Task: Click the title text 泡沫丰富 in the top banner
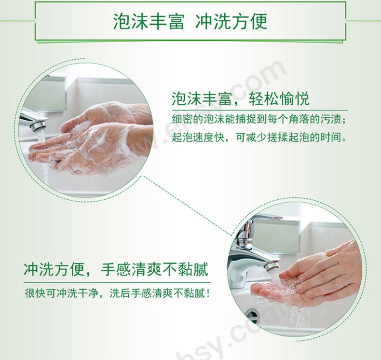149,22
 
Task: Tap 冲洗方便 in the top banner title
231,22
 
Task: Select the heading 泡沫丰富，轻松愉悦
241,99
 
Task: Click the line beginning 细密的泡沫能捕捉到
259,119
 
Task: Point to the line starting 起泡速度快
259,138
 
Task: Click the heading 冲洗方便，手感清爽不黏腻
116,269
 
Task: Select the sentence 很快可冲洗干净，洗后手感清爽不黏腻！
117,293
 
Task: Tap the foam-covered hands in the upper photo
91,138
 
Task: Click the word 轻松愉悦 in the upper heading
279,99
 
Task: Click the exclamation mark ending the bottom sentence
207,293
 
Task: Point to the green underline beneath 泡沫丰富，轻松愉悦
260,110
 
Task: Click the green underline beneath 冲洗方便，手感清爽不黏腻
117,282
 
